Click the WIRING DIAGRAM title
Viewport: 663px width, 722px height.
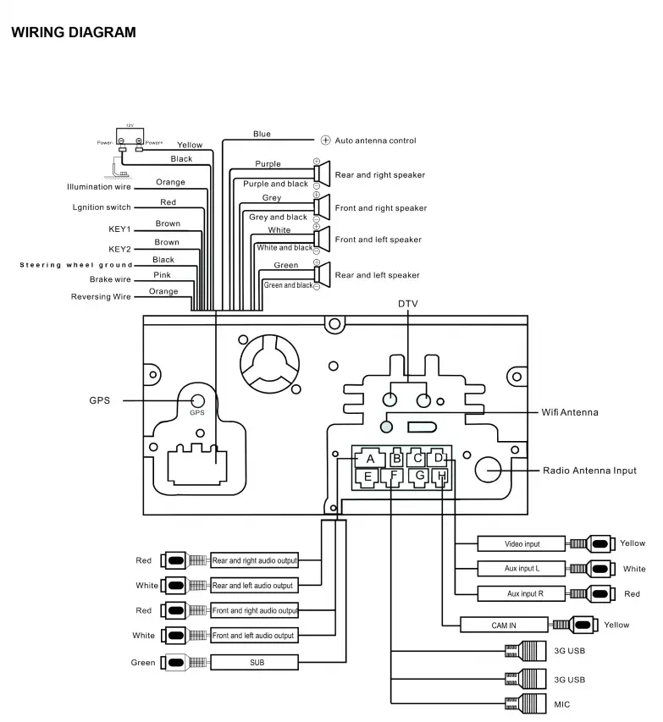[x=73, y=33]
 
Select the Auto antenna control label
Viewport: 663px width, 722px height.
[x=375, y=141]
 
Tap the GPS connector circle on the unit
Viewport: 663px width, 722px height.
[x=196, y=401]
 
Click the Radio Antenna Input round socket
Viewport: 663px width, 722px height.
[x=490, y=470]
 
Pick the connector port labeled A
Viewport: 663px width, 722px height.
[x=370, y=459]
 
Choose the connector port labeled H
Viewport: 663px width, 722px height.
[x=440, y=477]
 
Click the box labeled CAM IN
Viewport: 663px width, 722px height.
[x=504, y=626]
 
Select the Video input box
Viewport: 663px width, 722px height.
[x=522, y=543]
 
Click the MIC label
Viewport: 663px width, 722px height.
[x=561, y=704]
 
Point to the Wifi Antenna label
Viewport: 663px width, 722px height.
[x=569, y=413]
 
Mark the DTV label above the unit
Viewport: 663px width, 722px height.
[x=408, y=303]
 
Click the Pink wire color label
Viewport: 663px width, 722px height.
[x=163, y=275]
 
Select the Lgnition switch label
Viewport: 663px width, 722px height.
[x=102, y=207]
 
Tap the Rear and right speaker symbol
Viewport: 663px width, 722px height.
[x=322, y=174]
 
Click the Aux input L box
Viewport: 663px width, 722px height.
[x=522, y=569]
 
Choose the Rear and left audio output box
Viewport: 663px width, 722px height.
[x=254, y=585]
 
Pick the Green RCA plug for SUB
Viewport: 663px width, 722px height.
[x=175, y=662]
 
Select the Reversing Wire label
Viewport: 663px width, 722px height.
[x=102, y=297]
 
